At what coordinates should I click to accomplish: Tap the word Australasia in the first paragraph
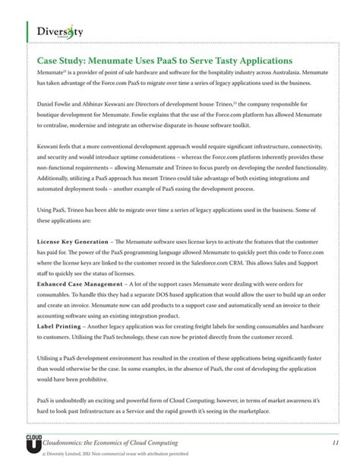pos(283,71)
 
